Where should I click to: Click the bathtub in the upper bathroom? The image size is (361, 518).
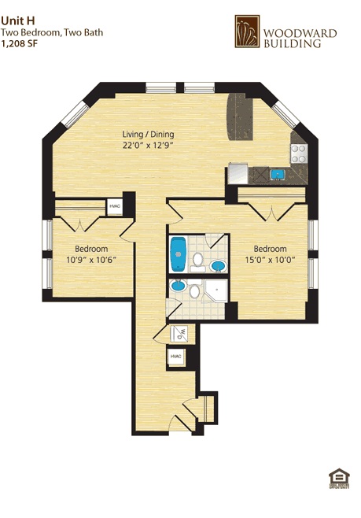178,253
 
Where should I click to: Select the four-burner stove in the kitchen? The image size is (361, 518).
298,154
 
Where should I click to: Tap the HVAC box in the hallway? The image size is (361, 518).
175,357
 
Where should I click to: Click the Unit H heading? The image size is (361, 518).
18,21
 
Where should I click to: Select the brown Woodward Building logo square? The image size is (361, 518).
246,31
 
